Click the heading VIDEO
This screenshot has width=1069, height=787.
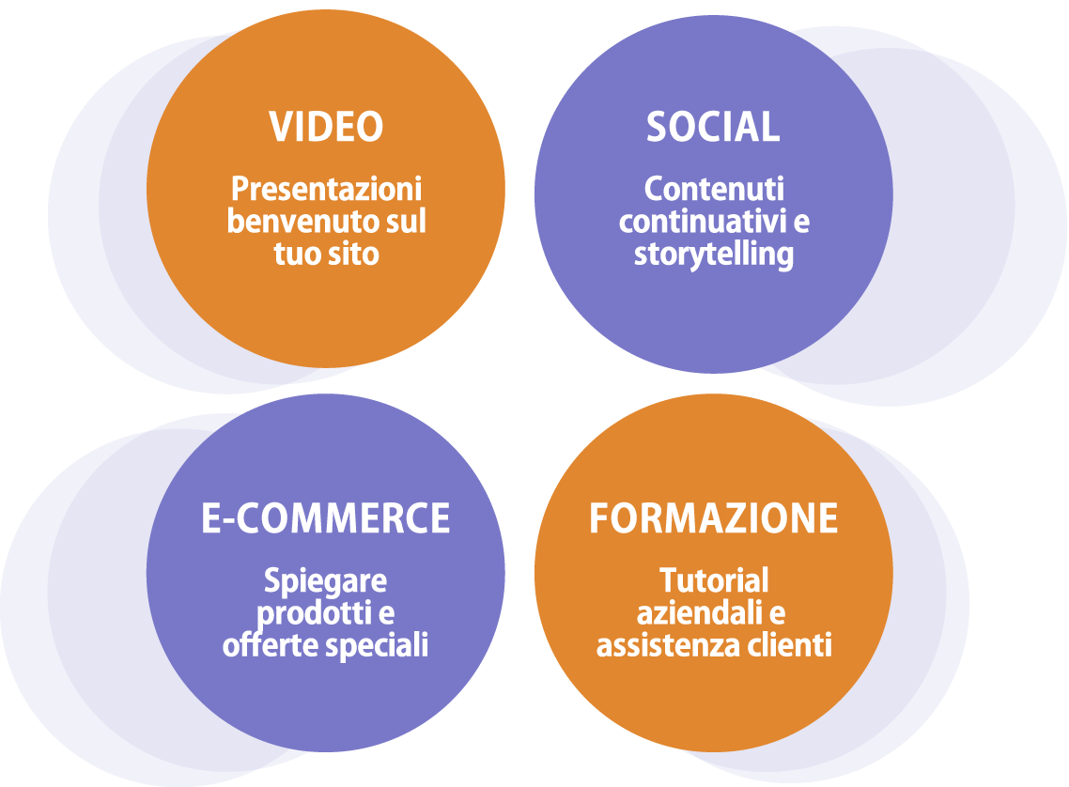tap(326, 127)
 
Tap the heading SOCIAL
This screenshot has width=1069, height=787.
tap(713, 127)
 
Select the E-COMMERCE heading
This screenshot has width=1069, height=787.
tap(326, 518)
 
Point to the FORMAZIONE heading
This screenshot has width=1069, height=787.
tap(713, 518)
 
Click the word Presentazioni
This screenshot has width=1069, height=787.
tap(326, 189)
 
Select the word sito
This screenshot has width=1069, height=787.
tap(355, 254)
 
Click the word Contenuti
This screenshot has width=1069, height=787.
tap(714, 189)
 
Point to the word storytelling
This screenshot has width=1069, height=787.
tap(714, 255)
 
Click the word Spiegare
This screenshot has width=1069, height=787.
tap(325, 581)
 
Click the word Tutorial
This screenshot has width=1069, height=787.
tap(714, 580)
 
